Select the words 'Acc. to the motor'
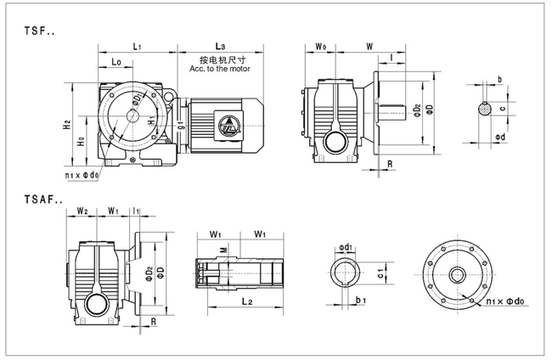click(222, 71)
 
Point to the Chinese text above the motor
click(222, 61)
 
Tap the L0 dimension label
click(116, 62)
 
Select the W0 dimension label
click(320, 44)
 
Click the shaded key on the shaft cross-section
click(484, 108)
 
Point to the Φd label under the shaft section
click(500, 136)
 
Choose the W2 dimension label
click(83, 210)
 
